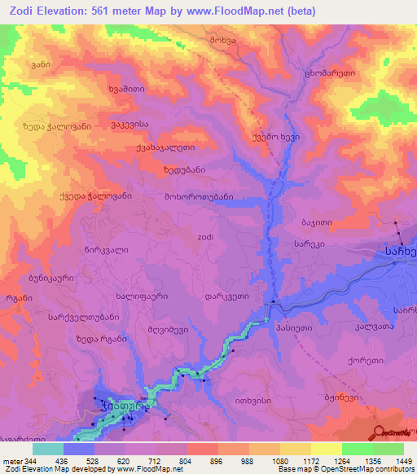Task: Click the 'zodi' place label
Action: tap(206, 237)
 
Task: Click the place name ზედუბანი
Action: tap(183, 170)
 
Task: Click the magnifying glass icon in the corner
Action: tap(379, 432)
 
